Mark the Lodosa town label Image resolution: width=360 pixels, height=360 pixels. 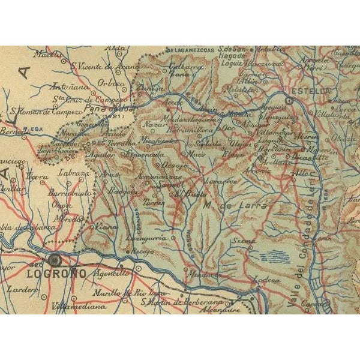pos(268,280)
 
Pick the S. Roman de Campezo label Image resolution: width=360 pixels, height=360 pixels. pos(45,111)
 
